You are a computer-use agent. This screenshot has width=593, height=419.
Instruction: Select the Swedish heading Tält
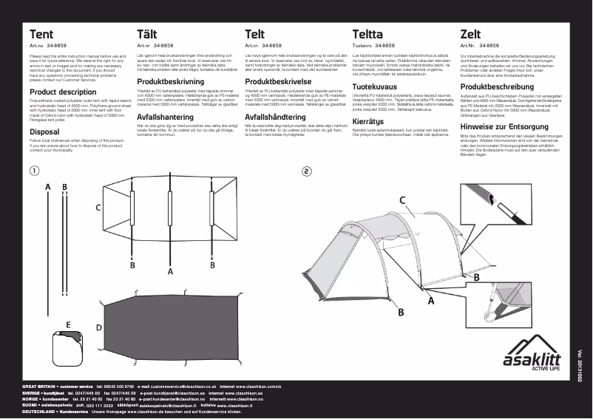pyautogui.click(x=147, y=35)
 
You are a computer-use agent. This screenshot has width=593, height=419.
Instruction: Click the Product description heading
pyautogui.click(x=63, y=92)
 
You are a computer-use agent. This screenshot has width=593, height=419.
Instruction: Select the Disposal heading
pyautogui.click(x=44, y=131)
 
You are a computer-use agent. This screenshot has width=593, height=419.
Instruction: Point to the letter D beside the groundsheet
pyautogui.click(x=99, y=327)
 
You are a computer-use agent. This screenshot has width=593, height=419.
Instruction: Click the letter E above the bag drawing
pyautogui.click(x=68, y=324)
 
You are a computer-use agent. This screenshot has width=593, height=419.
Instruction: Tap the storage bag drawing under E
pyautogui.click(x=68, y=347)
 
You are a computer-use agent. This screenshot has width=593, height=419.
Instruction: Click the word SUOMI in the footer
pyautogui.click(x=30, y=405)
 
